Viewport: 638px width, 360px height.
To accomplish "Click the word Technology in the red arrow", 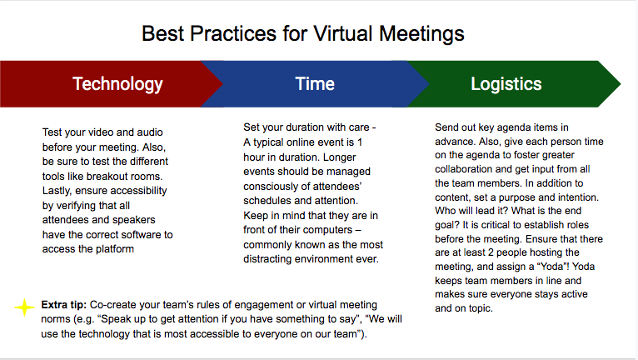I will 117,84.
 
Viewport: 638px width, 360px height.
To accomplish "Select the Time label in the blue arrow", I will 315,84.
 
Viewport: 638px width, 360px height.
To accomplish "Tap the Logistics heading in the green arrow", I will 506,84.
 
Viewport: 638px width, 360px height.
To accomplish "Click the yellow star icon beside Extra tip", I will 25,307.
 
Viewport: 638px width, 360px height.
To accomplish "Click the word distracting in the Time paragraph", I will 274,258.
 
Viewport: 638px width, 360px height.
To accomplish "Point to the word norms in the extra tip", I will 59,319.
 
